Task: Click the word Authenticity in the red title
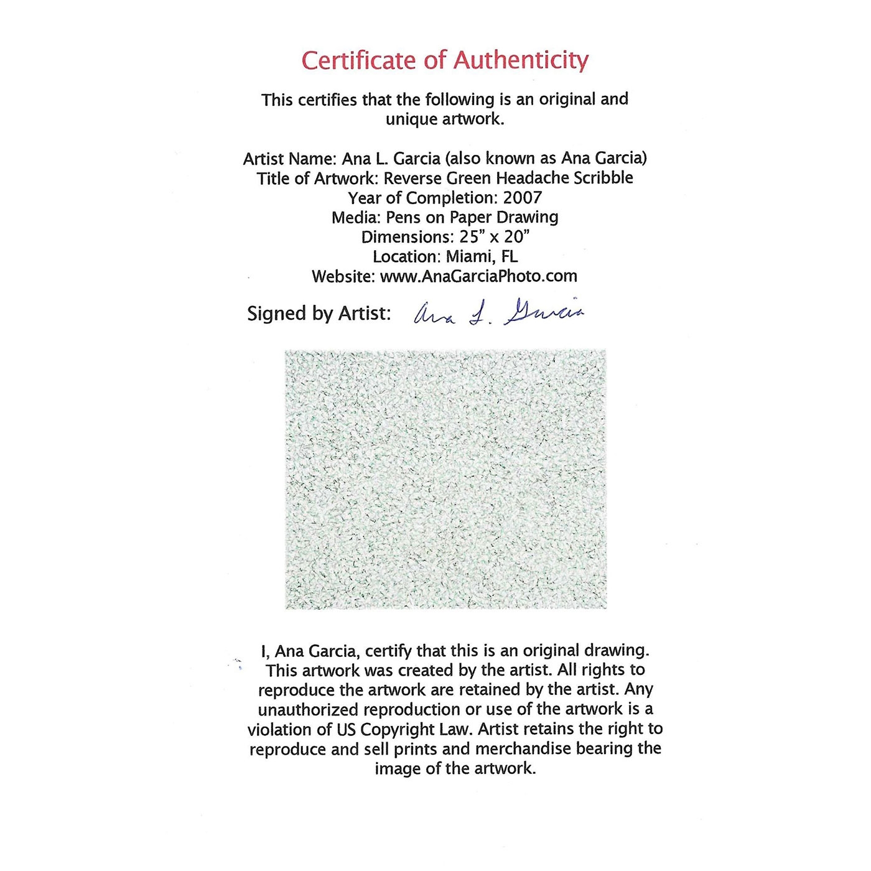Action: coord(520,61)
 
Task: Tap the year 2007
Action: coord(523,198)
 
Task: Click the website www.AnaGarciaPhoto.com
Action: coord(478,276)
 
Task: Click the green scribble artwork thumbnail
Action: coord(445,479)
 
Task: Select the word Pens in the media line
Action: coord(403,217)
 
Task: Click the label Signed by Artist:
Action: coord(319,314)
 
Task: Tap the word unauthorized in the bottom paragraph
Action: coord(308,709)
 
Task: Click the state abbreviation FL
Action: coord(509,256)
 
